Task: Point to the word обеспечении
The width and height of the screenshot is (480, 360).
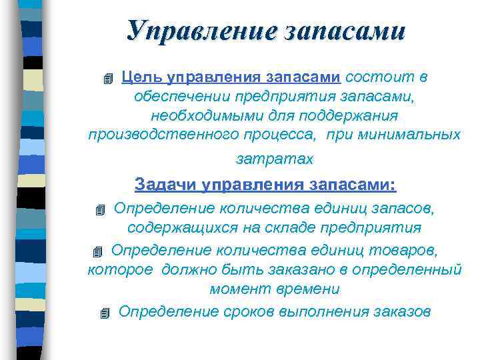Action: (x=173, y=97)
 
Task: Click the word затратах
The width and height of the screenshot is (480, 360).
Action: (x=274, y=160)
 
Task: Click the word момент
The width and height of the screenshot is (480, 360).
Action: (x=237, y=289)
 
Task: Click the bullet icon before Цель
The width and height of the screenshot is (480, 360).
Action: (x=109, y=79)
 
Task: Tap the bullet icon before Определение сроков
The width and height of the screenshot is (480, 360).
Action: (x=103, y=313)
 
